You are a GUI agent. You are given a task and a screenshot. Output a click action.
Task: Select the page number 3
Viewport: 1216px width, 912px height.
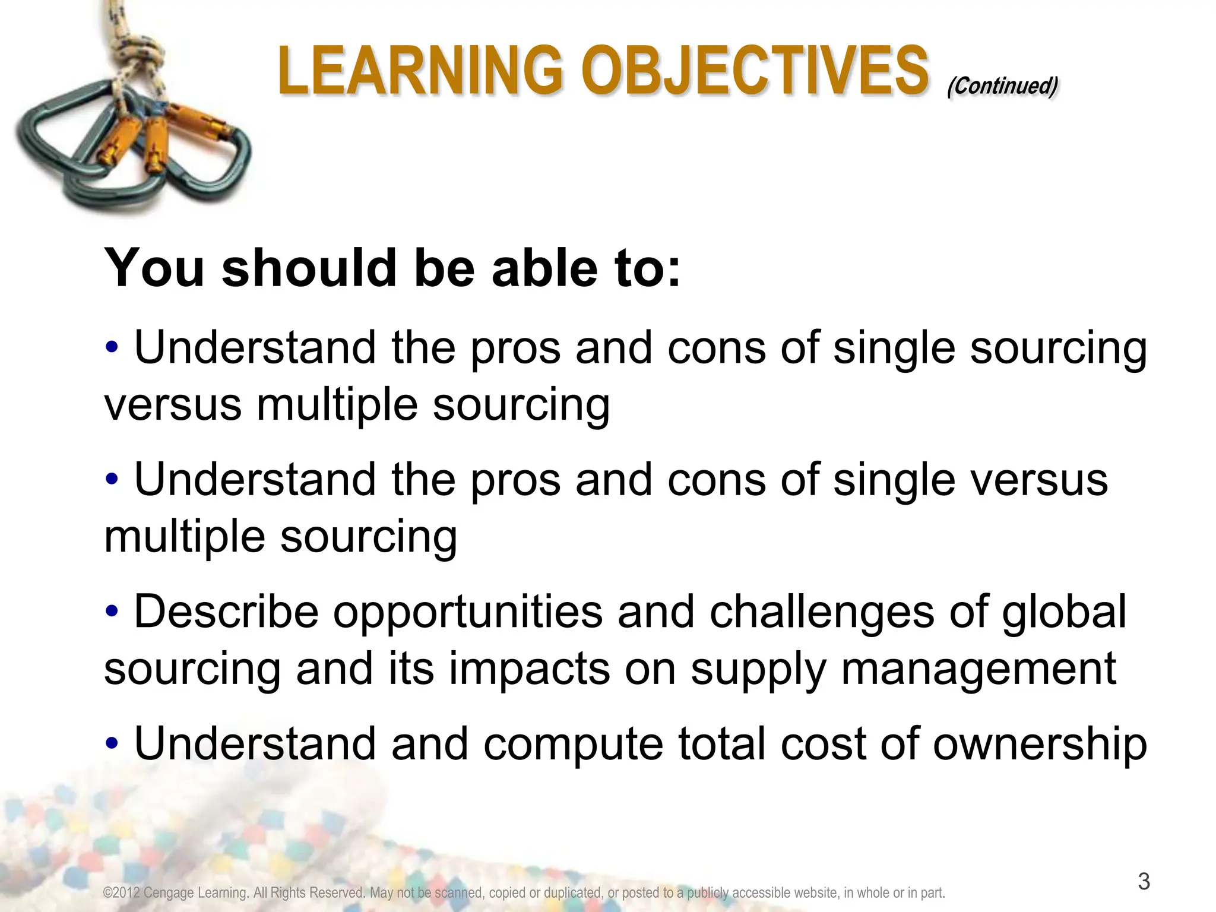[x=1144, y=881]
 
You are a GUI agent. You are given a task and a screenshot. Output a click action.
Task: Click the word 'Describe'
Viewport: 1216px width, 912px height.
[x=226, y=612]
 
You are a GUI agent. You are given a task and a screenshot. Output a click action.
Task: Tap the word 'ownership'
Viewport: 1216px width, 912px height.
[x=1040, y=745]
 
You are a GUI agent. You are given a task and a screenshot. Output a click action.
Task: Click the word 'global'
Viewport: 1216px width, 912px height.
[x=1064, y=612]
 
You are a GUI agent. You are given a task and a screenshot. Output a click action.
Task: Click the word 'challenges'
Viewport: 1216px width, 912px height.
[x=822, y=612]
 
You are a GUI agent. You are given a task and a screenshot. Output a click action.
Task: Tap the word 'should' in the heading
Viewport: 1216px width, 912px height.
[x=309, y=268]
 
